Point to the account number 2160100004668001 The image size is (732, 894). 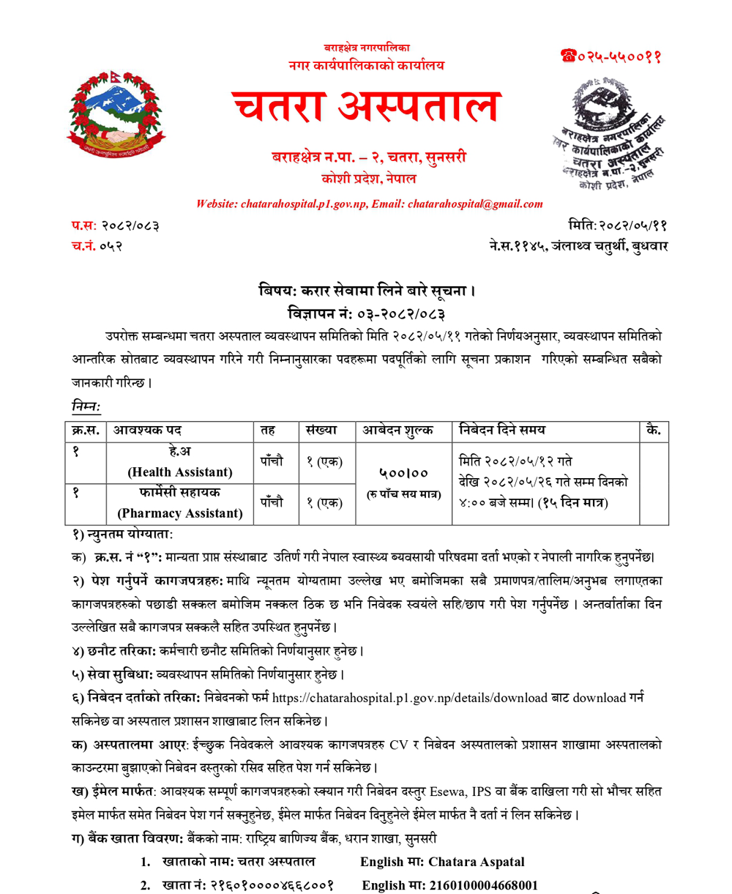click(x=483, y=884)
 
